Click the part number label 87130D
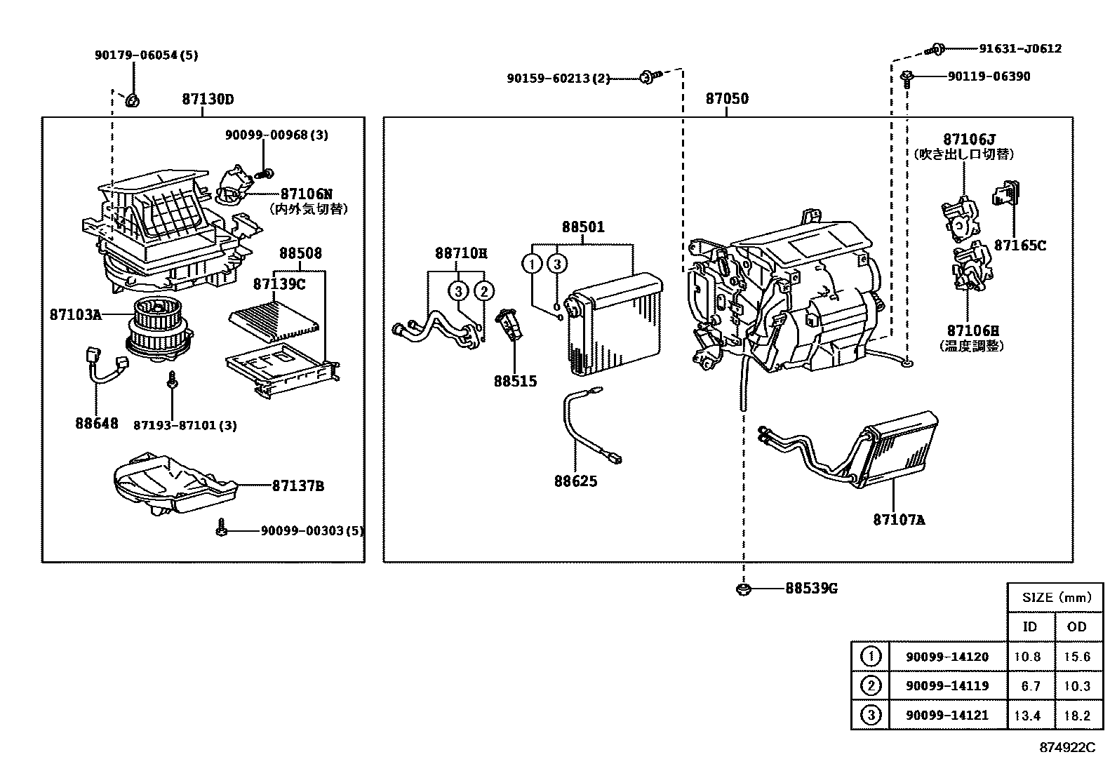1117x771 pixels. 208,100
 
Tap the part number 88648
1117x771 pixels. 97,424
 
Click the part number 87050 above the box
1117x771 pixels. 727,99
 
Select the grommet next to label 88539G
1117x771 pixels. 743,589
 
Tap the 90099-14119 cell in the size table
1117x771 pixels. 947,686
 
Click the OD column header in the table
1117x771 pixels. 1076,626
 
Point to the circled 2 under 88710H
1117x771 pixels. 483,290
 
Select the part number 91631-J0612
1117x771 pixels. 1020,49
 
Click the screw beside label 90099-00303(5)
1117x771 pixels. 221,529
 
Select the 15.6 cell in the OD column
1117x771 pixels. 1076,657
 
